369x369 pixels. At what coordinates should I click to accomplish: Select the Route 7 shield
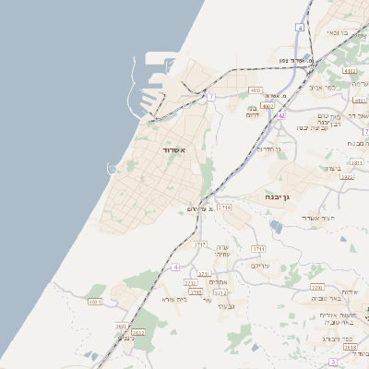211,96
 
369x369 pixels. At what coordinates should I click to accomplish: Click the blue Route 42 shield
281,115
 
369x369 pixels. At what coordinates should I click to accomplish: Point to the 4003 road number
256,90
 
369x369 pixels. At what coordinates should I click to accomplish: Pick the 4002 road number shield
268,106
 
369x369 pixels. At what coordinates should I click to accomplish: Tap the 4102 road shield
348,70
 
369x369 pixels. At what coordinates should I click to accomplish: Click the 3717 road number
200,244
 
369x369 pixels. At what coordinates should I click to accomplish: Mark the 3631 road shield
122,327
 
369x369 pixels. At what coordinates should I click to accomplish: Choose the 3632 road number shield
138,333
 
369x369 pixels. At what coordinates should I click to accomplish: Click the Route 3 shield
332,363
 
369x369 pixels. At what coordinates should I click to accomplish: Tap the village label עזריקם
259,265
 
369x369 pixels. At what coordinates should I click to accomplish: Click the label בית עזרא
174,299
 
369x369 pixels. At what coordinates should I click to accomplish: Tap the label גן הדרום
268,148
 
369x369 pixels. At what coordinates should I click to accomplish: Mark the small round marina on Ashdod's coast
113,168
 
